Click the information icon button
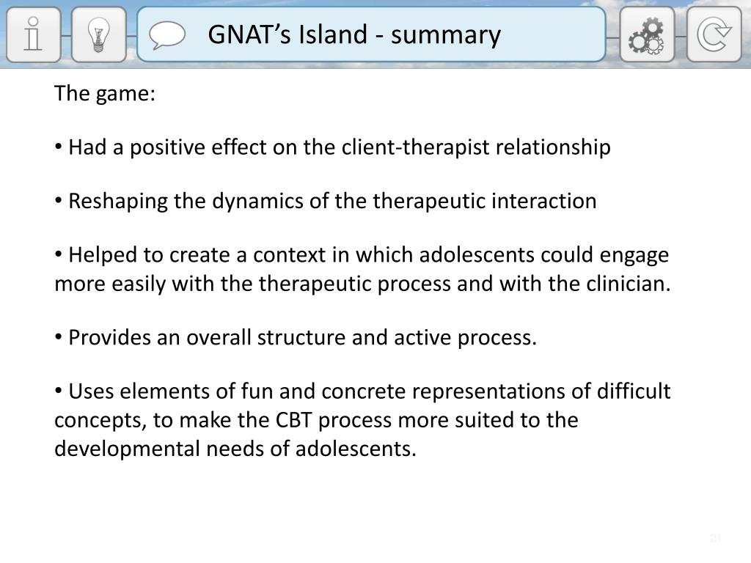coord(33,34)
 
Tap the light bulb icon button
coord(98,34)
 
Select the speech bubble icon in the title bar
coord(167,34)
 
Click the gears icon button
coord(647,34)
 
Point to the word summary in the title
coord(446,34)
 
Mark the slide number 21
coord(716,539)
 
